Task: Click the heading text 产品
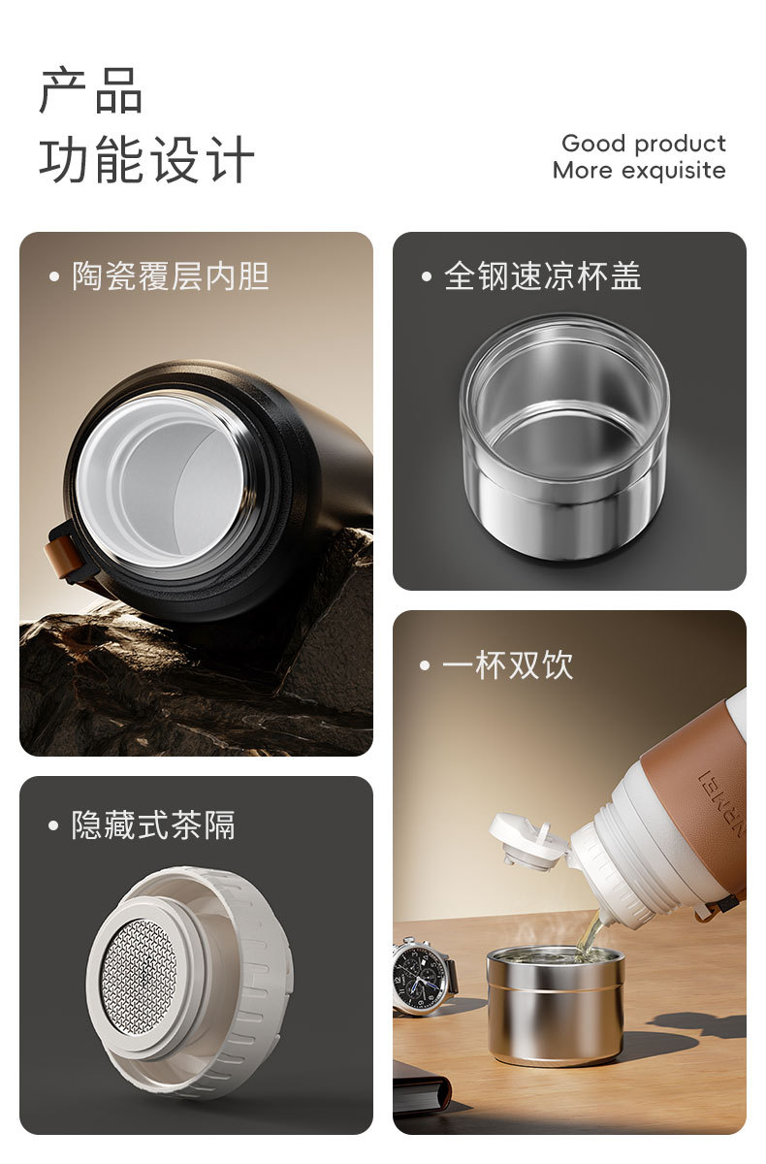pyautogui.click(x=90, y=91)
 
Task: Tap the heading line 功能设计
pyautogui.click(x=147, y=159)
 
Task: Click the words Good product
pyautogui.click(x=644, y=144)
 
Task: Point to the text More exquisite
pyautogui.click(x=639, y=171)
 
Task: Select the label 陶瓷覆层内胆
pyautogui.click(x=171, y=275)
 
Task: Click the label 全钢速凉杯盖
pyautogui.click(x=543, y=275)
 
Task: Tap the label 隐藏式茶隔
pyautogui.click(x=153, y=825)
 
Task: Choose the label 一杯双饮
pyautogui.click(x=507, y=664)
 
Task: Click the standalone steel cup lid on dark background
pyautogui.click(x=564, y=436)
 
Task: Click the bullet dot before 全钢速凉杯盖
pyautogui.click(x=427, y=276)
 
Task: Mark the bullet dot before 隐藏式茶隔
pyautogui.click(x=53, y=825)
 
